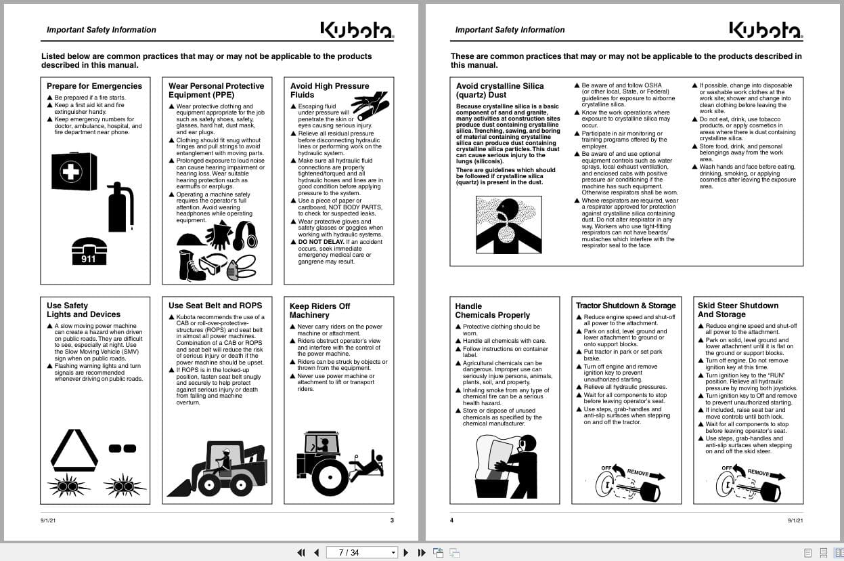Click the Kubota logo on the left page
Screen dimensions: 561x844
point(357,30)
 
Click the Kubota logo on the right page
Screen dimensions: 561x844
point(765,30)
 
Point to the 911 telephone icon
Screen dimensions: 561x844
point(89,251)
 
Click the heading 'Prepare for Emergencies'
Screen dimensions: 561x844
point(94,86)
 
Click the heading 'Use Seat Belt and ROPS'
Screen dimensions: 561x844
point(215,306)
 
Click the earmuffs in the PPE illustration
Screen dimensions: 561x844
point(244,235)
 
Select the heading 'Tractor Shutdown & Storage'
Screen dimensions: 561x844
point(625,306)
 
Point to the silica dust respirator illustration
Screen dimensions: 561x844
point(508,224)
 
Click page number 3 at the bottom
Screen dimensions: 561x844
point(392,520)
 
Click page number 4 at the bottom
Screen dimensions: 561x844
point(451,520)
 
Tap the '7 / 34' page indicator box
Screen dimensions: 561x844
point(359,553)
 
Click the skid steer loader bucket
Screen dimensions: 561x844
point(180,486)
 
